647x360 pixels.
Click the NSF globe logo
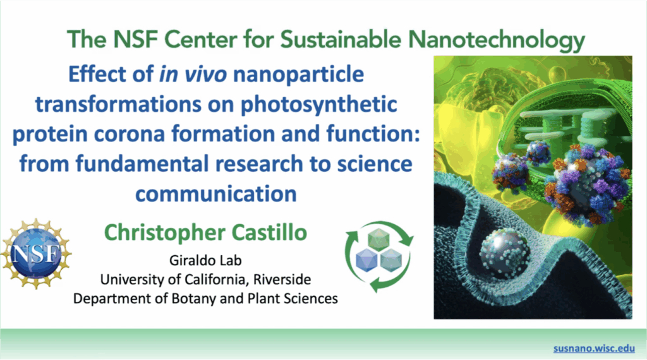[x=36, y=253]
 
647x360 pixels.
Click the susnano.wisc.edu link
[x=594, y=348]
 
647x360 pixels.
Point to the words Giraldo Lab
[x=205, y=261]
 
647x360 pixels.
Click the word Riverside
[x=282, y=279]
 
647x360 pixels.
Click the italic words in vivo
[x=193, y=75]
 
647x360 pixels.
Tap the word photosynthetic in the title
[x=318, y=105]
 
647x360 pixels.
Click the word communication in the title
[x=216, y=194]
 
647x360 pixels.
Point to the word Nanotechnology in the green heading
[x=497, y=40]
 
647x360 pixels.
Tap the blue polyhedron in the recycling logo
[x=366, y=260]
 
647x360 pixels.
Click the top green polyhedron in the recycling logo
[x=378, y=240]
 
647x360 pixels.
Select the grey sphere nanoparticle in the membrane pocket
[x=505, y=253]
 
